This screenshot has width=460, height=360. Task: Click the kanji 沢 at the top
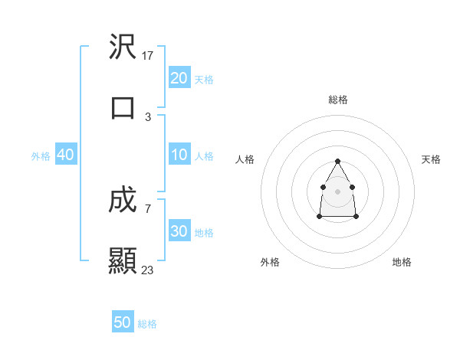click(123, 47)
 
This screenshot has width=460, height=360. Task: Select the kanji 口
click(123, 107)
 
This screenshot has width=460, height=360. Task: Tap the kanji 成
click(123, 201)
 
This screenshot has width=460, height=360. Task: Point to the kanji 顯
click(123, 260)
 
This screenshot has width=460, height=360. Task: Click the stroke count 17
click(148, 56)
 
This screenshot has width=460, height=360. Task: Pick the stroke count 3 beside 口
click(148, 116)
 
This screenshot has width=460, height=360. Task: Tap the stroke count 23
click(148, 270)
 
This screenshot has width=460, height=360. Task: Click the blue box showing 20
click(179, 77)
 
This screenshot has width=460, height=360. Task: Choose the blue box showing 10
click(179, 155)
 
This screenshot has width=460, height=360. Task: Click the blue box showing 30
click(179, 231)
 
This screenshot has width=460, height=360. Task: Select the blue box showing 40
click(66, 155)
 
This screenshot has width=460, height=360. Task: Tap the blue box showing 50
click(123, 322)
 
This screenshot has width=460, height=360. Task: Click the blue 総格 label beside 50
click(147, 324)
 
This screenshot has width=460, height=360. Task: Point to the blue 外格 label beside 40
click(41, 156)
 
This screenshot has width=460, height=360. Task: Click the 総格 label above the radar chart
click(338, 100)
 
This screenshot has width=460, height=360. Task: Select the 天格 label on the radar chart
click(432, 159)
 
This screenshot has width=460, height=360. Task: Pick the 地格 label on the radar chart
click(402, 262)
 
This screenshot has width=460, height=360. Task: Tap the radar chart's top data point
click(338, 161)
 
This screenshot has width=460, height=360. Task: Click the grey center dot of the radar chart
click(338, 190)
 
